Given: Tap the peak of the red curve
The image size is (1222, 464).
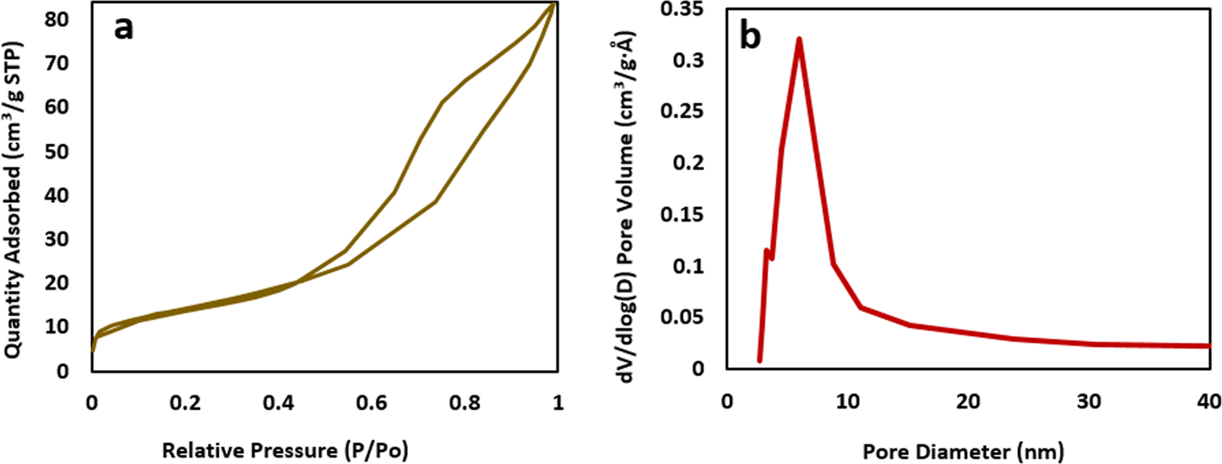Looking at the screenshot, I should [799, 39].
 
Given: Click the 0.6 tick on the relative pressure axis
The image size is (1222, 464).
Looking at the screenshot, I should [371, 402].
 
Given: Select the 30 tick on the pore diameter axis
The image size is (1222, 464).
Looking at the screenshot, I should [1089, 402].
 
